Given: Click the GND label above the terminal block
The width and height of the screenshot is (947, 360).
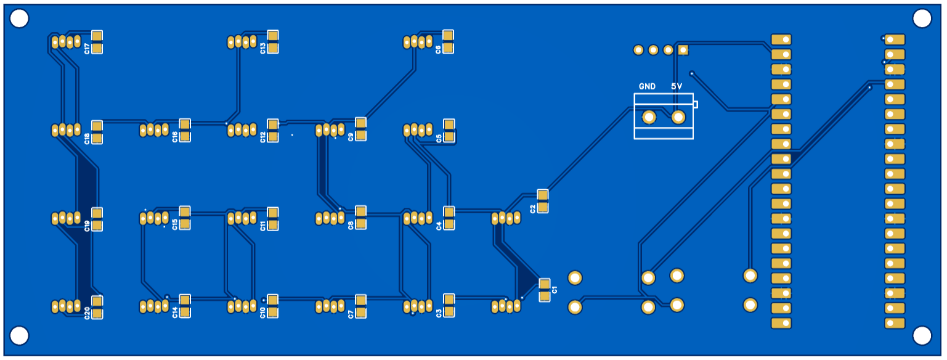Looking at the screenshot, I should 647,86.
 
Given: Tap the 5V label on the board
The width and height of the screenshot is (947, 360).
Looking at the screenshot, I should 677,86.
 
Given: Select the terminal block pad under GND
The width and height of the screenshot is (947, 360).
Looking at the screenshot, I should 649,117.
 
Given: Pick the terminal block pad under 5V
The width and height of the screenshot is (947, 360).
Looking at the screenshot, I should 678,117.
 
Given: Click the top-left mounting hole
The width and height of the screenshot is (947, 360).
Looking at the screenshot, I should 19,19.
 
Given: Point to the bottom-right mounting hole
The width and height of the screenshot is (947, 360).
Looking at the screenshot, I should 922,335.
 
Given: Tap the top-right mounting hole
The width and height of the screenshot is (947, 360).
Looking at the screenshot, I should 922,19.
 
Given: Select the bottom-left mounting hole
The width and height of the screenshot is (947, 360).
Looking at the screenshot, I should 19,335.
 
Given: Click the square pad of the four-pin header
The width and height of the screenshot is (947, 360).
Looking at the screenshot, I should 683,50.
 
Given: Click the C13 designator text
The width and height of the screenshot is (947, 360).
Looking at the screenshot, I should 263,48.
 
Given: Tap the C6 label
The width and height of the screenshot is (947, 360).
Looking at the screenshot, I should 438,49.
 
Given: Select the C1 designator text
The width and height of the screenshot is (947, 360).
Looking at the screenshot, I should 555,290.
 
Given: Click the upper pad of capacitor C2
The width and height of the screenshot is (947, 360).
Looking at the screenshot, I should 542,195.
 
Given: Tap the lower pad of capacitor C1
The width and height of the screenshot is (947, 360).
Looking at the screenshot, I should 544,297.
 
